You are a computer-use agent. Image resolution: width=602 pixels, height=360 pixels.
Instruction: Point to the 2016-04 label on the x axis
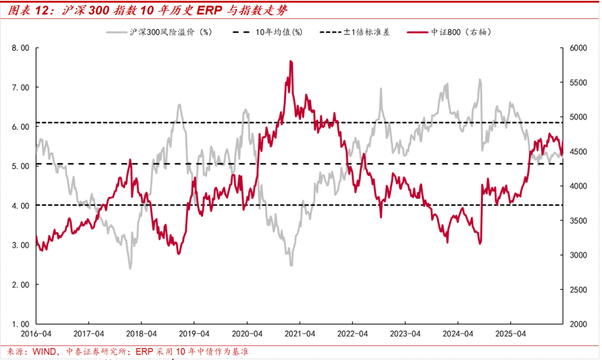point(36,334)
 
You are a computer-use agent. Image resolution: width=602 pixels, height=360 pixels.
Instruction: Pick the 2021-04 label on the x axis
point(299,334)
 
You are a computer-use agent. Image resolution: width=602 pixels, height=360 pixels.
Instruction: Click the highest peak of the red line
point(291,61)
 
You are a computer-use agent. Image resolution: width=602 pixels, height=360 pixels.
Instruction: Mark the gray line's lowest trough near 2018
point(130,268)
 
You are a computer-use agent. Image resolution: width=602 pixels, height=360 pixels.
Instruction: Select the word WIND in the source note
point(44,352)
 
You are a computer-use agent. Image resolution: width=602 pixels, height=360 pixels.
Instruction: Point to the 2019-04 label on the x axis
point(194,334)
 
